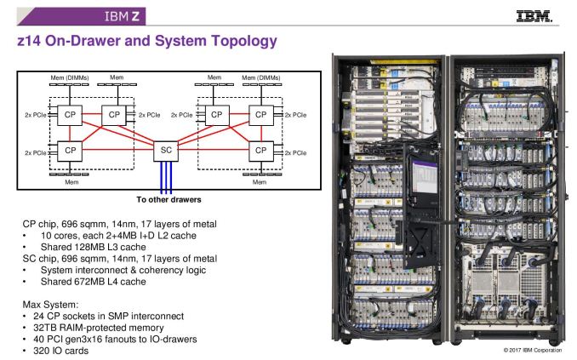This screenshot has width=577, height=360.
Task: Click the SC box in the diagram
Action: pyautogui.click(x=167, y=151)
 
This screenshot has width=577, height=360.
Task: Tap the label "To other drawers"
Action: pyautogui.click(x=167, y=201)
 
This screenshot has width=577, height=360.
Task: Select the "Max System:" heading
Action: pyautogui.click(x=50, y=304)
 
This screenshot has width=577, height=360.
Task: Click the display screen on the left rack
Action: pyautogui.click(x=423, y=175)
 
